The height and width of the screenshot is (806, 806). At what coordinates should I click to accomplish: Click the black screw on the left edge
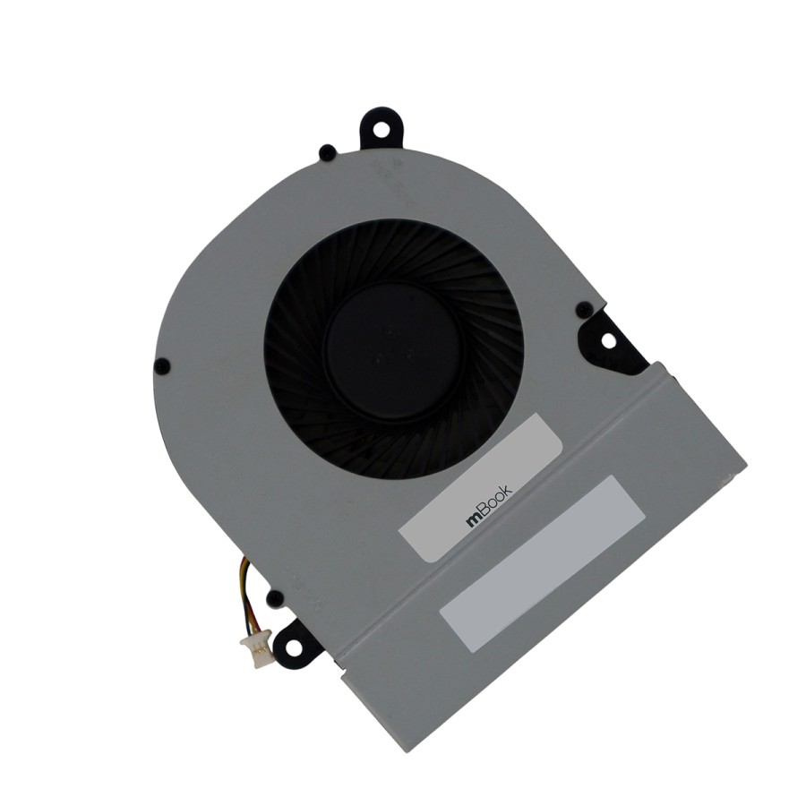pos(162,366)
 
